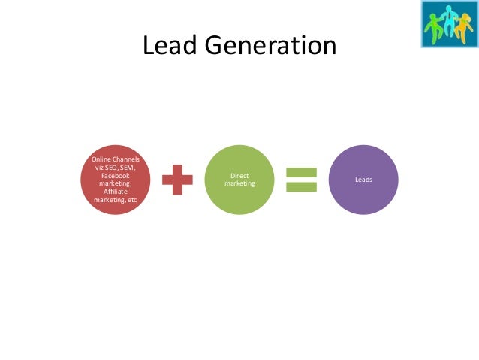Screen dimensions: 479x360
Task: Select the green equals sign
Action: [x=302, y=180]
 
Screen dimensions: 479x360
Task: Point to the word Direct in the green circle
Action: [x=239, y=177]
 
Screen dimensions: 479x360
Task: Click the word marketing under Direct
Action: [x=239, y=185]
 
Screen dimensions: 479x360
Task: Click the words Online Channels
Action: [x=115, y=159]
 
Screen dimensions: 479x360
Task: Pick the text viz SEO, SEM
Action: [x=115, y=167]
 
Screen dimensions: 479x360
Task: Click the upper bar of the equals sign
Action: [x=302, y=172]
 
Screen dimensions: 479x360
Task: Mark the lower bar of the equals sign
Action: [x=302, y=189]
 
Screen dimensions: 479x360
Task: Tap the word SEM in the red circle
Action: [x=127, y=167]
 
